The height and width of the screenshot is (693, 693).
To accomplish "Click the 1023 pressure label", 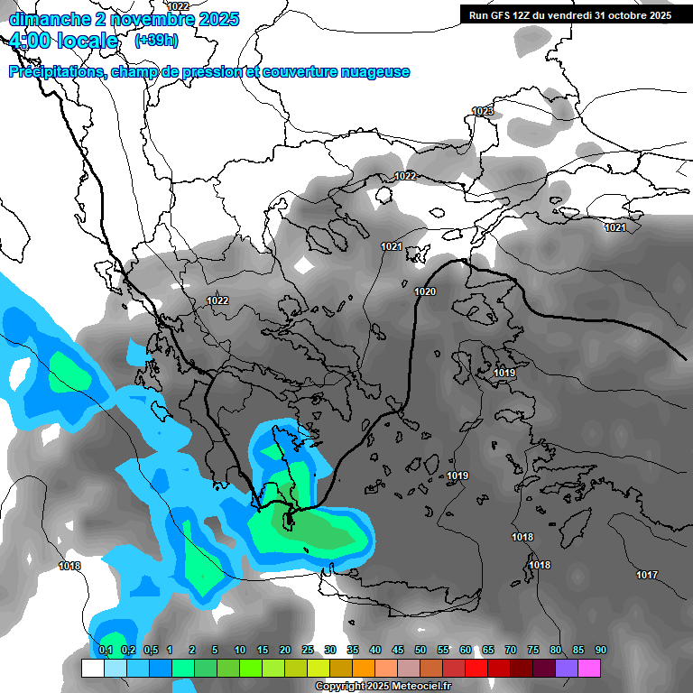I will [x=483, y=111].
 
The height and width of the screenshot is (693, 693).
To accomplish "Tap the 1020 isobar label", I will [x=425, y=291].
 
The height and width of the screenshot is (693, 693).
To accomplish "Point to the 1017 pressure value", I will [x=646, y=575].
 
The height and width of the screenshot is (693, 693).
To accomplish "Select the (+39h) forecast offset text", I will [x=156, y=41].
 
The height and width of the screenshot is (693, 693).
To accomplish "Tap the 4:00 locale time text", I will [x=63, y=41].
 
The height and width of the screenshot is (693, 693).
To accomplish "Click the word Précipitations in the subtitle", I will [x=56, y=72].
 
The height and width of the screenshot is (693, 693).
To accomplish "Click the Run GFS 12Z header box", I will [x=570, y=15].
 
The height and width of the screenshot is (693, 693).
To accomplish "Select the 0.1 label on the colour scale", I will [x=105, y=650].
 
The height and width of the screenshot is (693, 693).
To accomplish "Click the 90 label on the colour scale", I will [x=600, y=650].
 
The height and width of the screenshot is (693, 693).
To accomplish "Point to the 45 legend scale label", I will [x=398, y=650].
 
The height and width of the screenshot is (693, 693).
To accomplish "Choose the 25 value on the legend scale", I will [x=308, y=650].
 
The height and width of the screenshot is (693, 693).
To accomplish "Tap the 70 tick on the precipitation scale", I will [x=511, y=650].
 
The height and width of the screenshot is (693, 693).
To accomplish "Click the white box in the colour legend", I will [x=92, y=668].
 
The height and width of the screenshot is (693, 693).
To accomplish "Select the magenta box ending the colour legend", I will [x=589, y=668].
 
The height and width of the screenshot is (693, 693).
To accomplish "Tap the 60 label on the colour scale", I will [x=466, y=650].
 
